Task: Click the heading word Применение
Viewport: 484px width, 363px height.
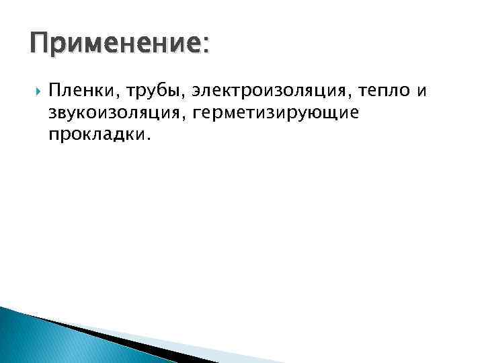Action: click(x=115, y=46)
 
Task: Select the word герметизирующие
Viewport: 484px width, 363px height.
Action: click(x=276, y=112)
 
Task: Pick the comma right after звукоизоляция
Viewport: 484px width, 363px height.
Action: click(x=185, y=117)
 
